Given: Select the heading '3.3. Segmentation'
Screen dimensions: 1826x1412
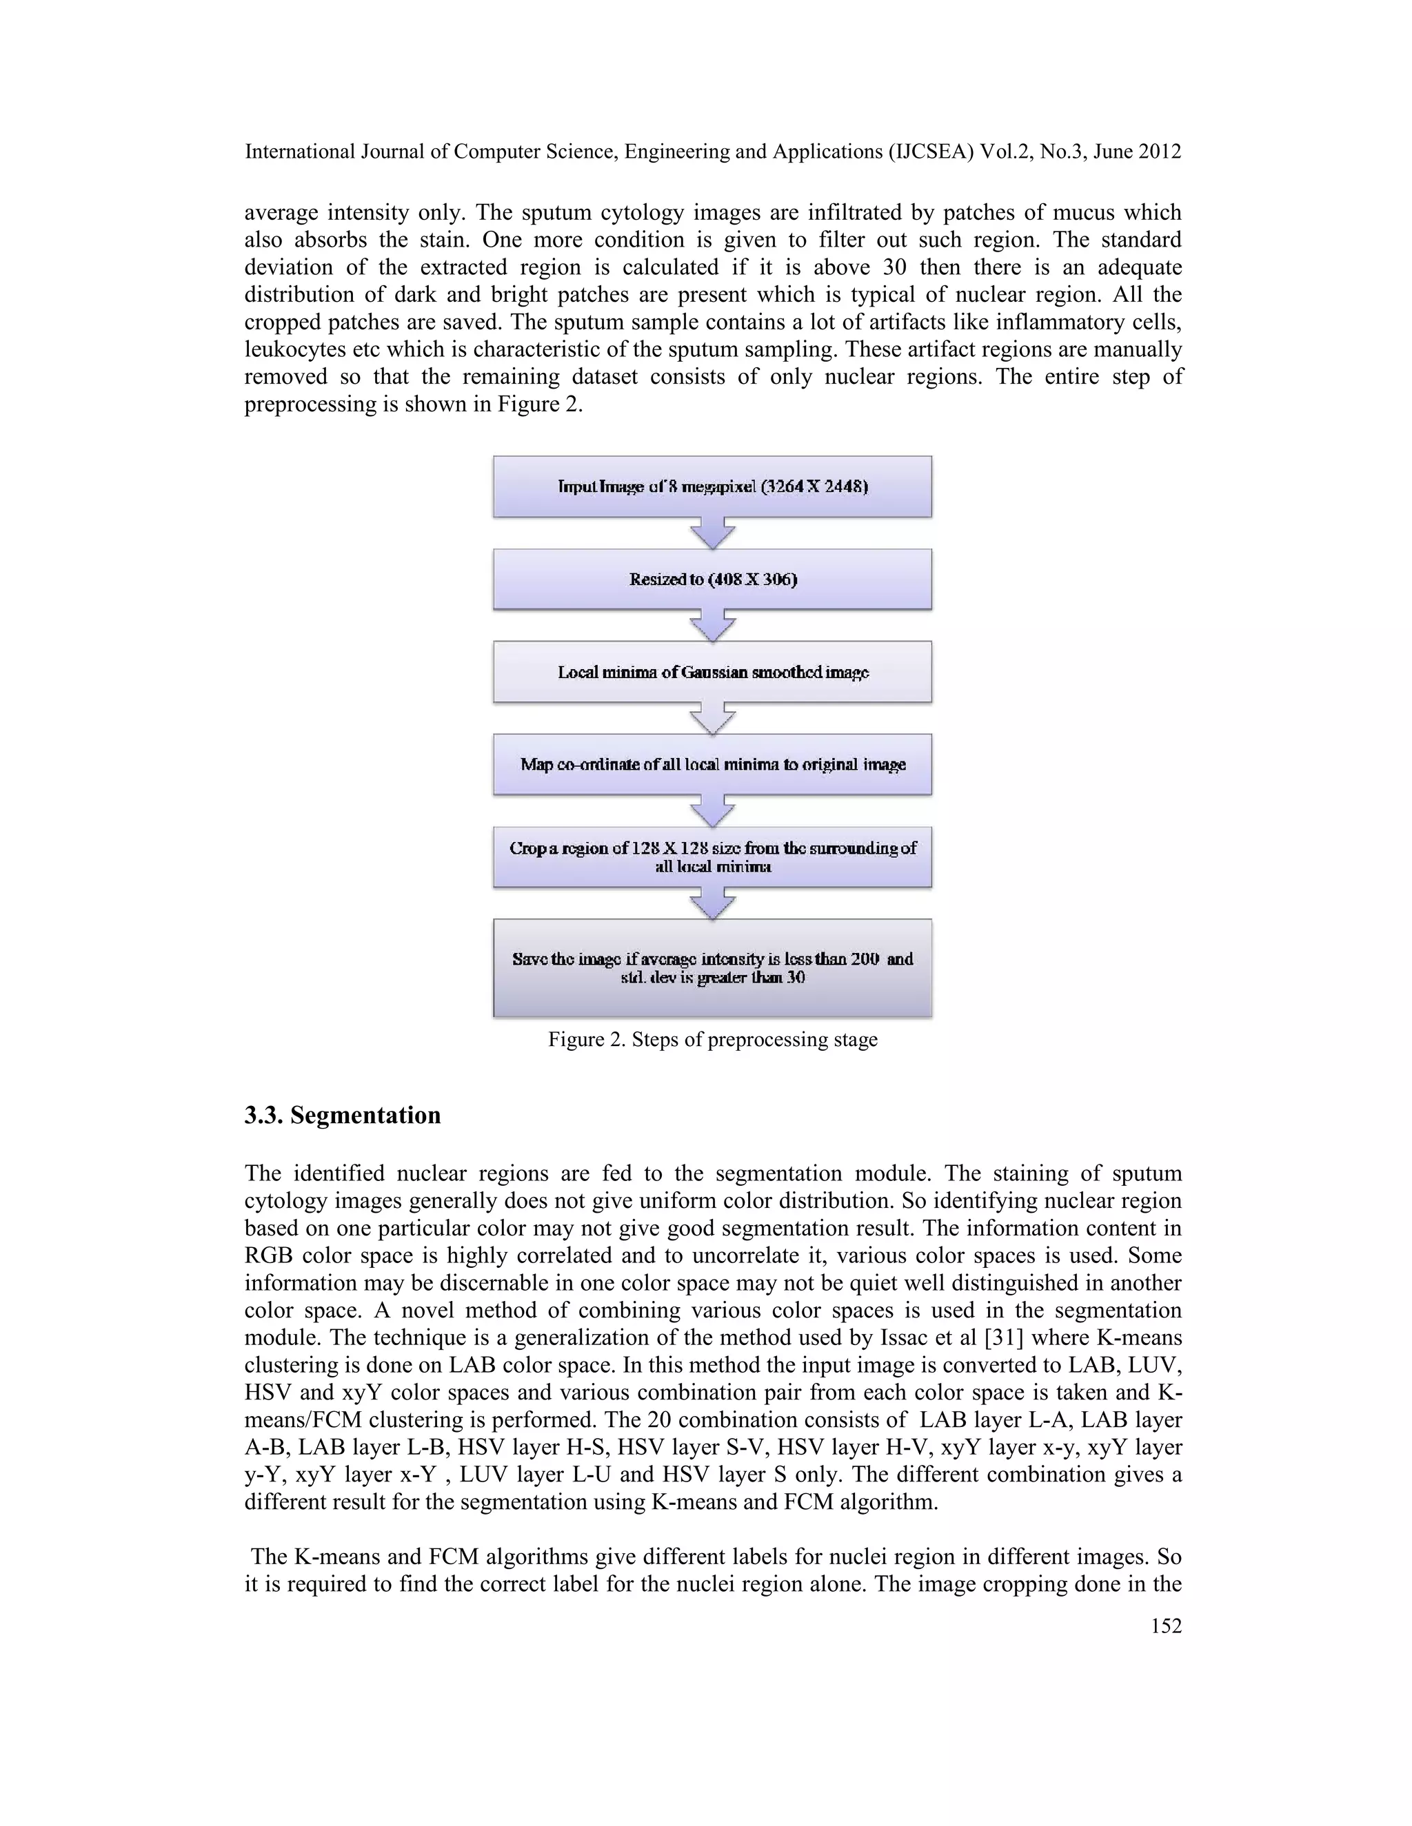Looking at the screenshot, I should pyautogui.click(x=342, y=1116).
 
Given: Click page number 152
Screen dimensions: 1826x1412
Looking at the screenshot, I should pyautogui.click(x=1166, y=1625).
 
